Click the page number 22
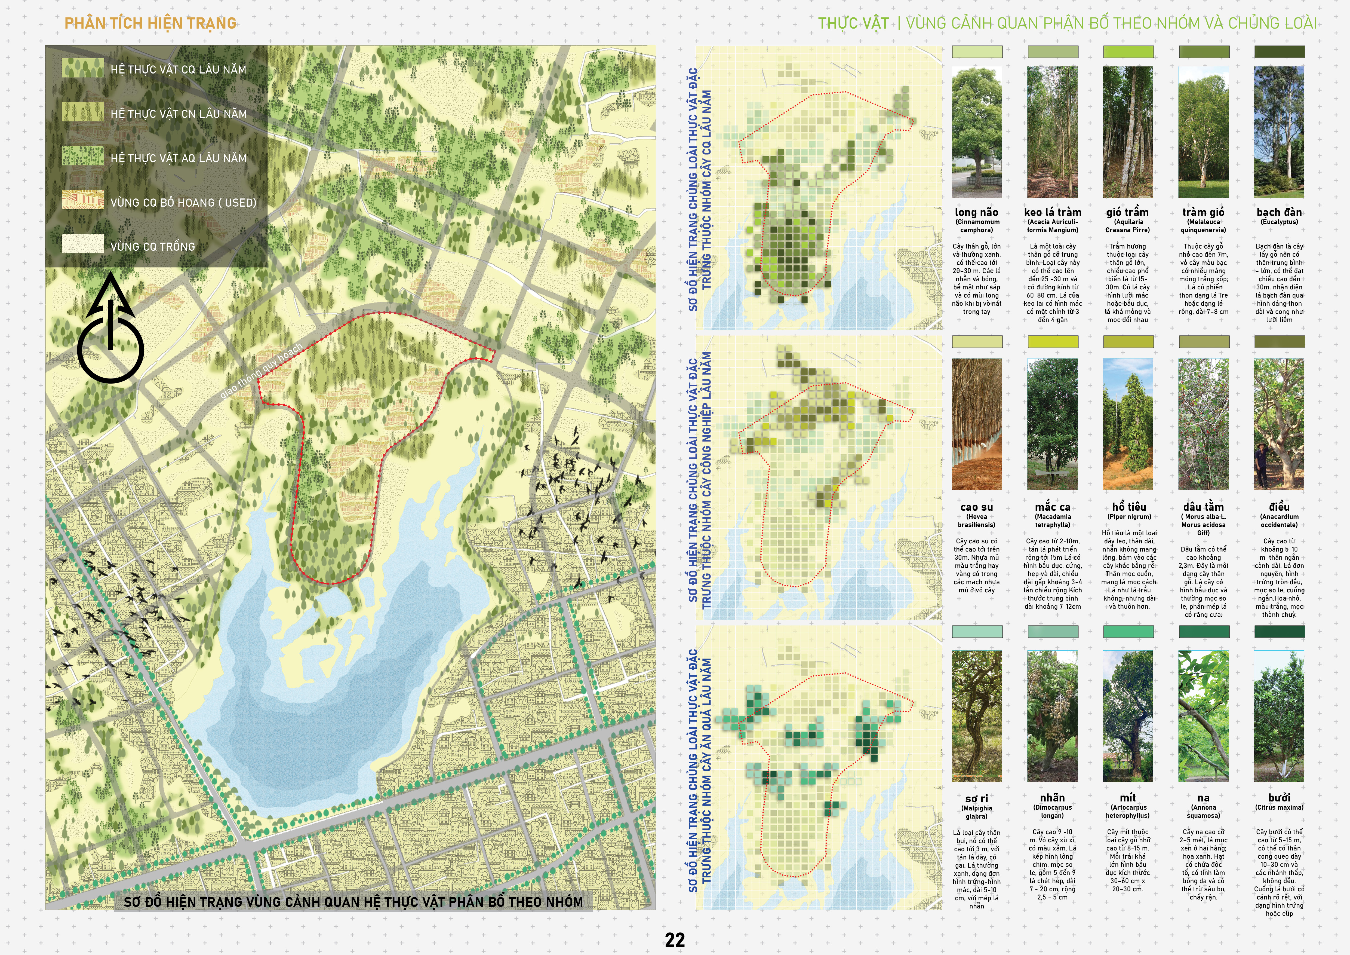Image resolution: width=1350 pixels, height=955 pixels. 674,939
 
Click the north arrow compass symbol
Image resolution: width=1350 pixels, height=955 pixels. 110,332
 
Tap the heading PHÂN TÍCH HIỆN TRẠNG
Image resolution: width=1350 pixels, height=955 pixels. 150,23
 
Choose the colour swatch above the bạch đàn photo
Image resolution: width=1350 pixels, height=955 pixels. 1279,52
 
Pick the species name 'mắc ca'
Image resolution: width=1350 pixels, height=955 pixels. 1053,507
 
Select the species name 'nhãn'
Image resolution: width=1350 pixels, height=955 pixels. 1053,798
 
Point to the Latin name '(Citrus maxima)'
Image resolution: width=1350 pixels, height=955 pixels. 1279,807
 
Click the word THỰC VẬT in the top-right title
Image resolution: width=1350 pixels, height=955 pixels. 853,23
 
